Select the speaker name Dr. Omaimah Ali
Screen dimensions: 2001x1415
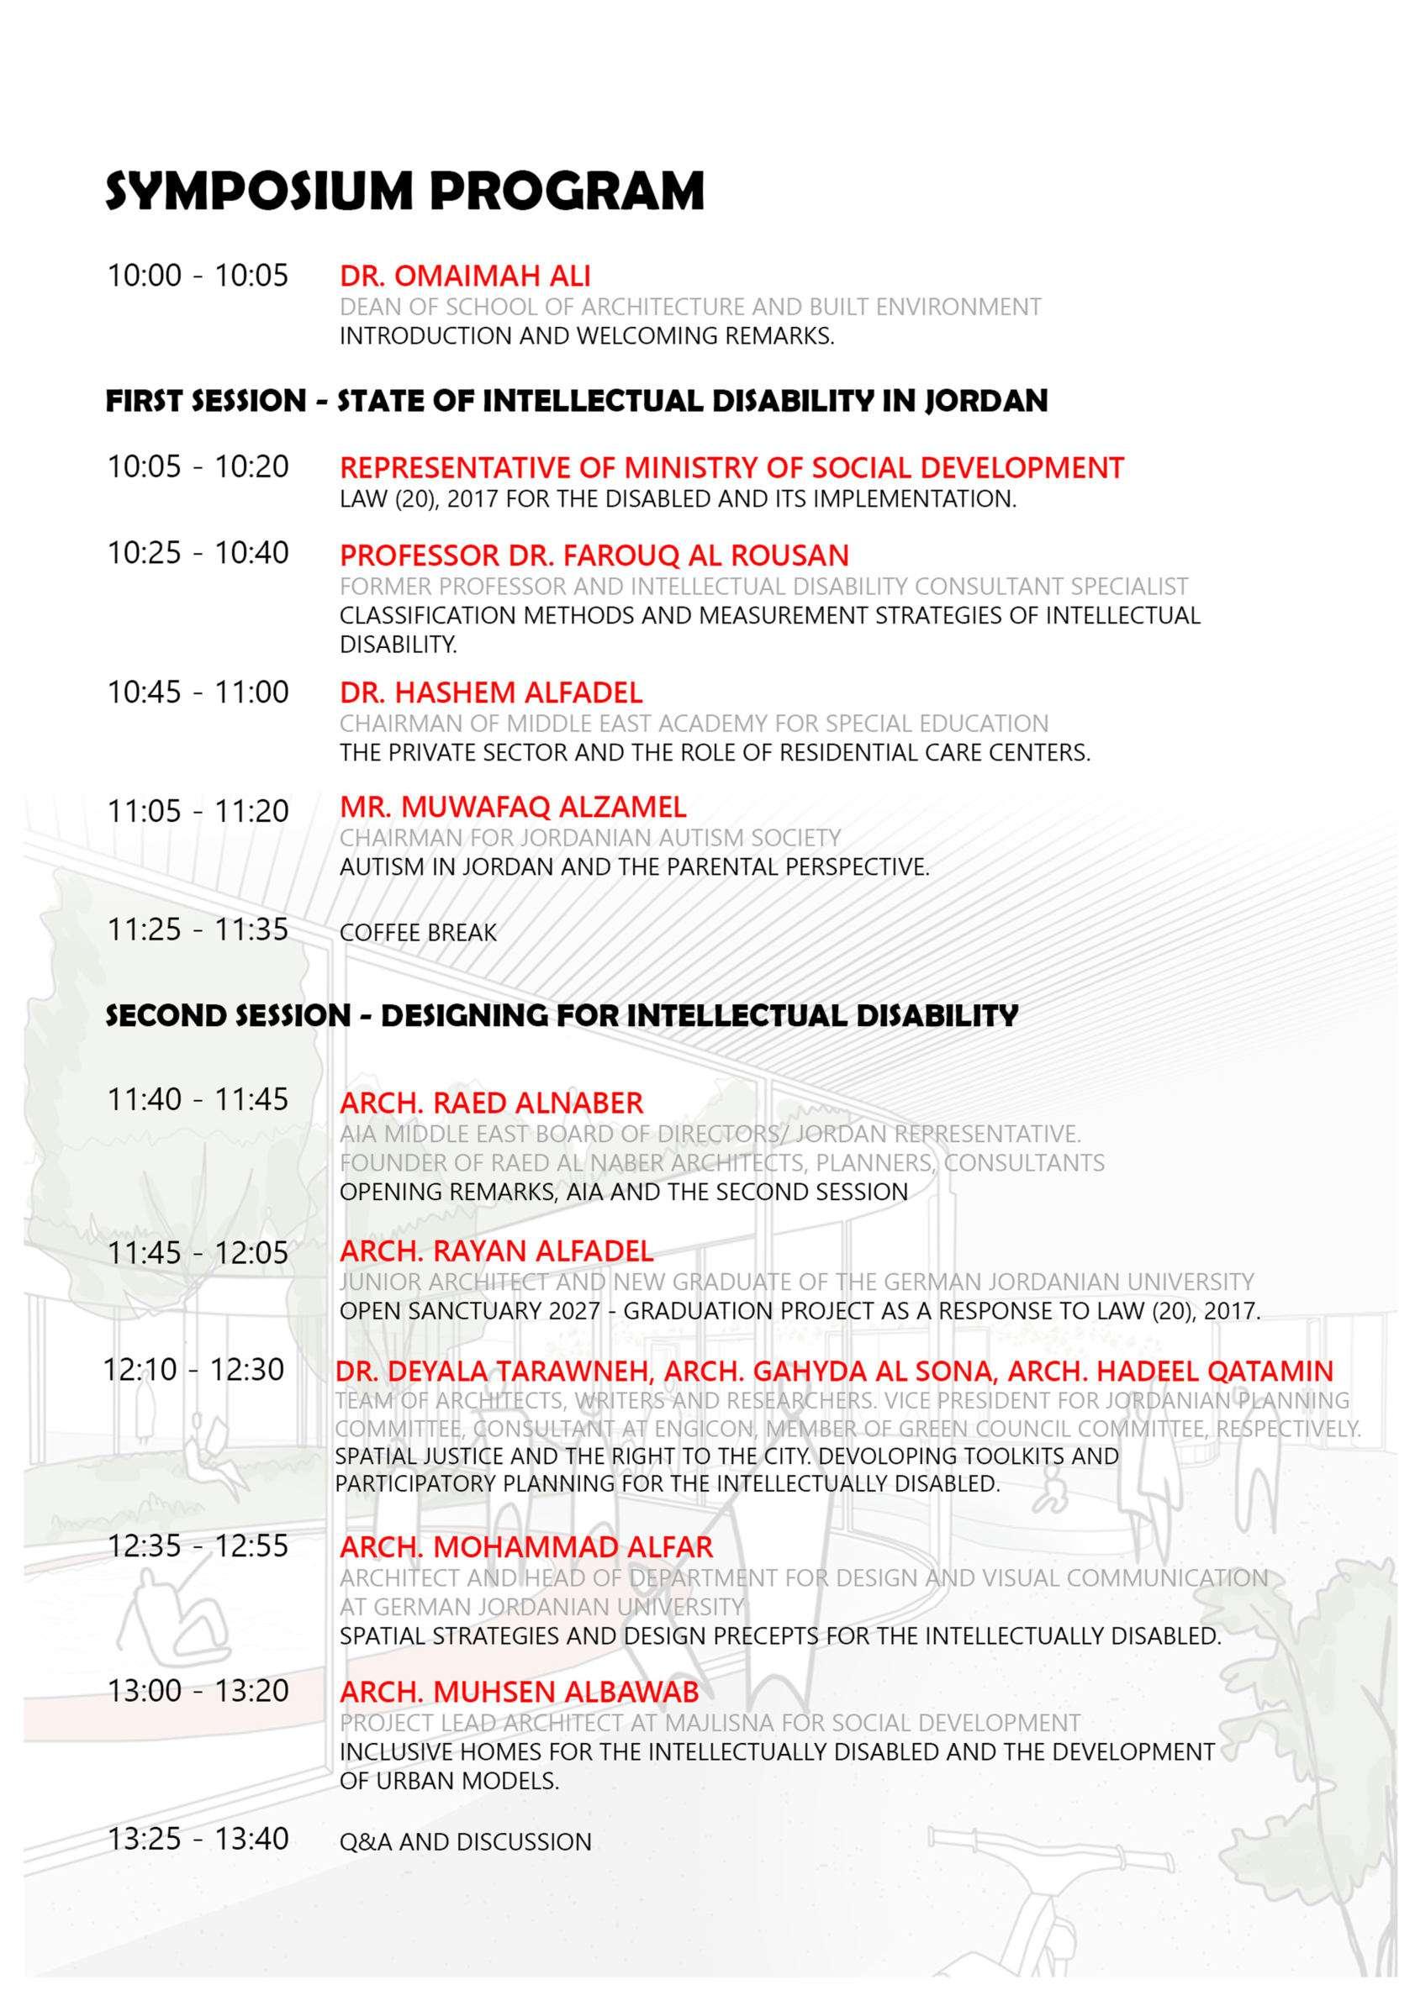coord(465,276)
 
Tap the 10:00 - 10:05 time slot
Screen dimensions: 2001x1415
coord(197,276)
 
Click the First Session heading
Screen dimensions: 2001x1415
coord(576,401)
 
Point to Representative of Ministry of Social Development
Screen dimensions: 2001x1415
coord(731,468)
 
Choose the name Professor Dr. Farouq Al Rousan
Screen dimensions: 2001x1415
coord(594,556)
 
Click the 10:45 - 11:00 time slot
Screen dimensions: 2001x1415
coord(198,692)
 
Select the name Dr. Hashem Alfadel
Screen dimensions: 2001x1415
coord(491,692)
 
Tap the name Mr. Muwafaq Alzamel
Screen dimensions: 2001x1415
coord(513,807)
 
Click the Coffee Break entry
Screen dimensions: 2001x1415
coord(418,933)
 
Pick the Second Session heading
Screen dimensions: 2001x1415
coord(562,1015)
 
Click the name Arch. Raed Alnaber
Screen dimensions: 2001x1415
coord(491,1103)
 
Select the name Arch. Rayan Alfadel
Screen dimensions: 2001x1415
coord(496,1252)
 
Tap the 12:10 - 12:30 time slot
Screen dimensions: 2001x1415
coord(193,1370)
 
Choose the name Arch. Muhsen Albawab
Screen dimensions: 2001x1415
coord(519,1692)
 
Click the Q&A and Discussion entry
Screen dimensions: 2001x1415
coord(466,1842)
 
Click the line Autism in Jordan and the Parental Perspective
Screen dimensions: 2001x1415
coord(634,867)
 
